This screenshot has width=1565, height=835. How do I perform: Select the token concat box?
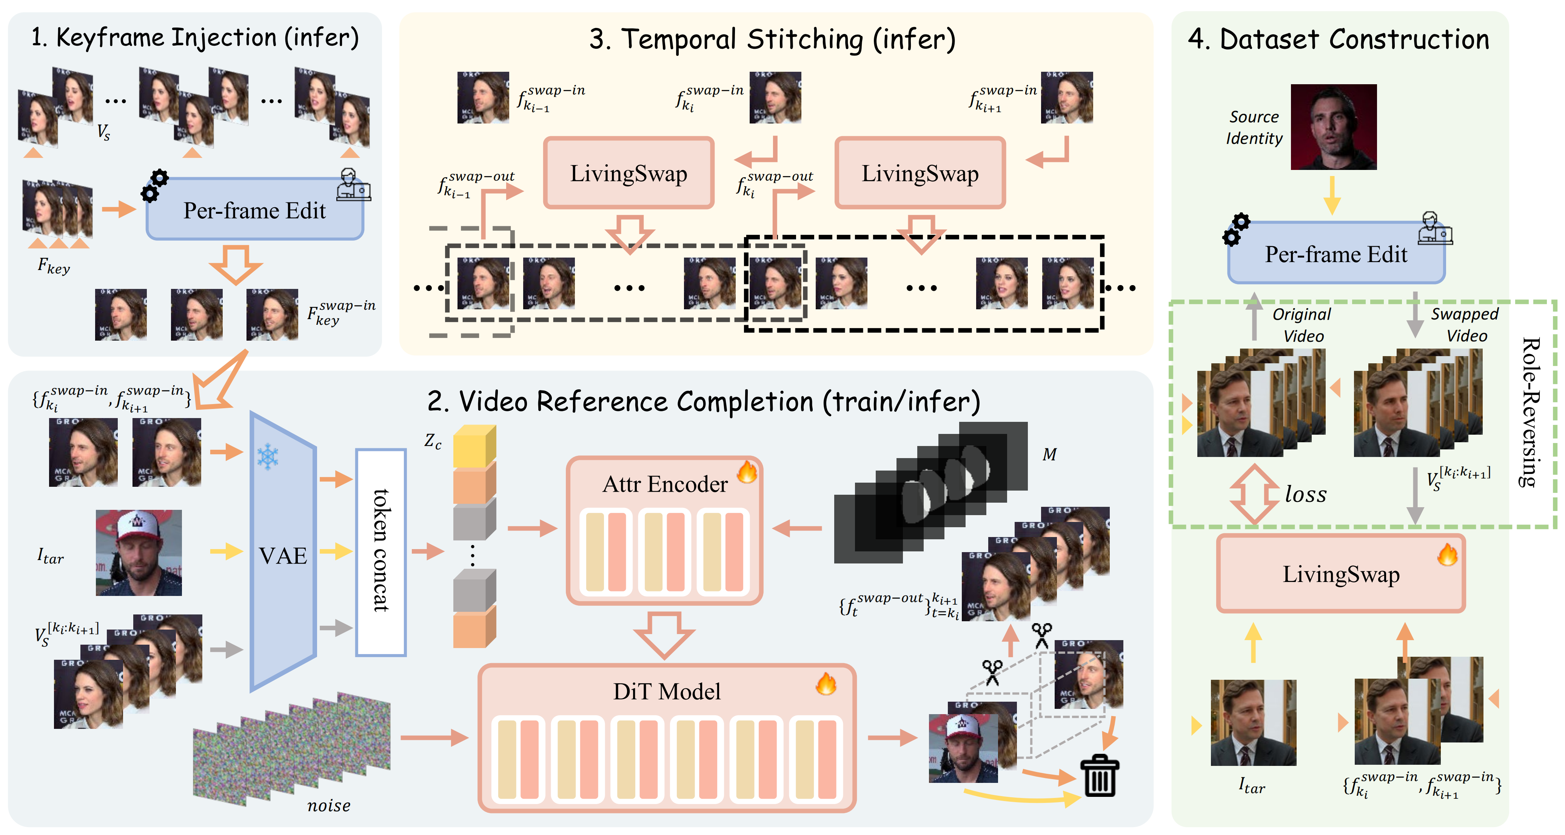[380, 552]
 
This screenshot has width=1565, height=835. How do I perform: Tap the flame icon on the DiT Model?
[826, 684]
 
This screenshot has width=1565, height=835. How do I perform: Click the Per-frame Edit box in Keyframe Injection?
[254, 210]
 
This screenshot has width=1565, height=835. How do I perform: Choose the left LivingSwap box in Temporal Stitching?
[628, 173]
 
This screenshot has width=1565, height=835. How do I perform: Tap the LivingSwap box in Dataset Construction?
[1341, 574]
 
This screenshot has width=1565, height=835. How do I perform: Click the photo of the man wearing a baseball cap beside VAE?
[139, 553]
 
